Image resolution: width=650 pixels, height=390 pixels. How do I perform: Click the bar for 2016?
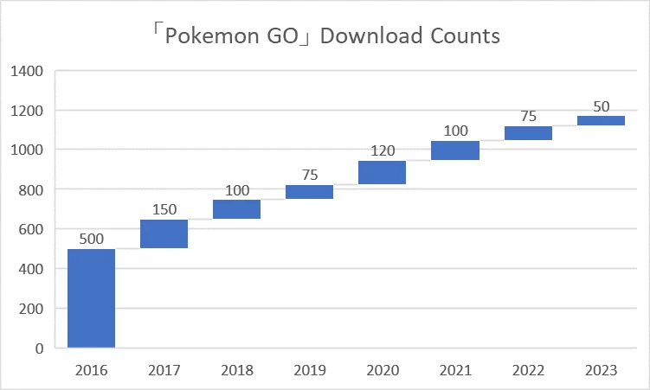pos(91,298)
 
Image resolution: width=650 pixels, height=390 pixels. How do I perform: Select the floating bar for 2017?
pos(164,233)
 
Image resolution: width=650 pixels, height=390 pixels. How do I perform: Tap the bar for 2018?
pos(236,209)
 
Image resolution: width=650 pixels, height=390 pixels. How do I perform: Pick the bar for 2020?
pos(382,172)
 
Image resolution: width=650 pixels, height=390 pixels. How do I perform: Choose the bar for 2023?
pos(601,120)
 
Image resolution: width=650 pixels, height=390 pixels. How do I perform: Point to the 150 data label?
pos(164,208)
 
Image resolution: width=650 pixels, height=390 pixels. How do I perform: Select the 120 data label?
pos(382,150)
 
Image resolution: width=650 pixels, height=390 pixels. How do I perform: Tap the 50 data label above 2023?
pos(601,105)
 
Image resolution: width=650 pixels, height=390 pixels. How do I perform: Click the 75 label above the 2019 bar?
pos(309,174)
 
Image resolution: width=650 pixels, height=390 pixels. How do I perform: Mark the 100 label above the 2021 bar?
pos(454,130)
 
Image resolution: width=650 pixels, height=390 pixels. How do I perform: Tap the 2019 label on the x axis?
pos(309,369)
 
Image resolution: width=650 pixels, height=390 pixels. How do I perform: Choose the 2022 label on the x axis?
pos(528,369)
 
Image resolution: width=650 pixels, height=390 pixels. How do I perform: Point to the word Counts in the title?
pos(465,36)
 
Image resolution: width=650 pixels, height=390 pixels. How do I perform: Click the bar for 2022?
pos(528,133)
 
